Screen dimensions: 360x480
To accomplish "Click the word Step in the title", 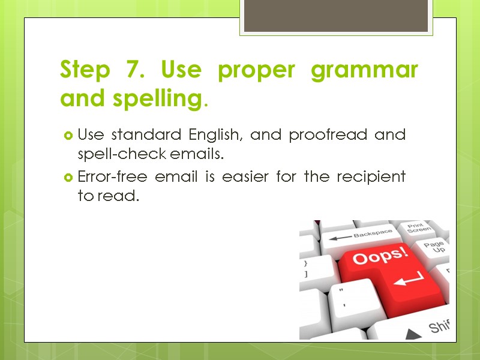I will (x=85, y=71).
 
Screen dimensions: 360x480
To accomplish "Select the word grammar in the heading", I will (x=364, y=71).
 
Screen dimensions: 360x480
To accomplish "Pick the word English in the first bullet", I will (x=215, y=134).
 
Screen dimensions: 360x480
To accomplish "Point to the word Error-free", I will (x=109, y=177).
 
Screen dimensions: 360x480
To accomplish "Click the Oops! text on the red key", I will (x=380, y=257).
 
